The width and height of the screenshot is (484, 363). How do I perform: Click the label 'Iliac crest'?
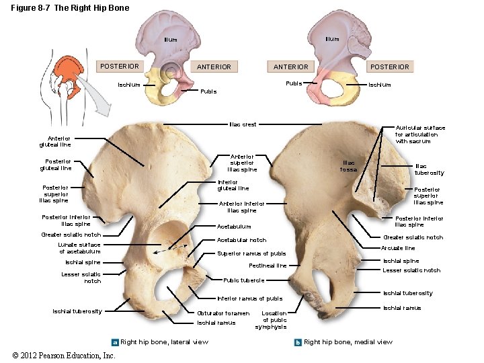pos(243,124)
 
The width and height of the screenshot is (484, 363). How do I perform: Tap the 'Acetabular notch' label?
pos(241,240)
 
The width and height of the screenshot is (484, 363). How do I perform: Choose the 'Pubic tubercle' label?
pos(243,280)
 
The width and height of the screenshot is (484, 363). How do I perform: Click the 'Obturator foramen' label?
pos(223,313)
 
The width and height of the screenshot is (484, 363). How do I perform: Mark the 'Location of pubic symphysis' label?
pos(274,320)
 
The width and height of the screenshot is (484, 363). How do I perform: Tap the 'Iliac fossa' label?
pos(350,165)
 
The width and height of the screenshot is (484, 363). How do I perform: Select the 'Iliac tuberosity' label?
pos(430,169)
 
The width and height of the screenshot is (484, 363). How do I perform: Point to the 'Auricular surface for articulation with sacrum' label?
pos(420,134)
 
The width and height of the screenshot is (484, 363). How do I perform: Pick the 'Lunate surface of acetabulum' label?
pos(79,248)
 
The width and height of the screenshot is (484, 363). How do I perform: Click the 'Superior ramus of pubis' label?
pos(251,253)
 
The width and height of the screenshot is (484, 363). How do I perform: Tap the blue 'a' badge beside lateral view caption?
pos(115,342)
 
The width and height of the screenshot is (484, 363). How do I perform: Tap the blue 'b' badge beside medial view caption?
pos(298,342)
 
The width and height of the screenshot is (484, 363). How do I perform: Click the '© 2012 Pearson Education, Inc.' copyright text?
pos(64,355)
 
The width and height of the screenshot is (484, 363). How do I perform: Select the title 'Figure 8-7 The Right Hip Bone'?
pos(64,7)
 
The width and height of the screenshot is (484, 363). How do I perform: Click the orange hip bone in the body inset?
pos(65,70)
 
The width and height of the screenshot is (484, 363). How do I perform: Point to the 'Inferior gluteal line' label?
pos(233,185)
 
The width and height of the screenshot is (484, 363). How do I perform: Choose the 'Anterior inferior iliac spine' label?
pos(242,206)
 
